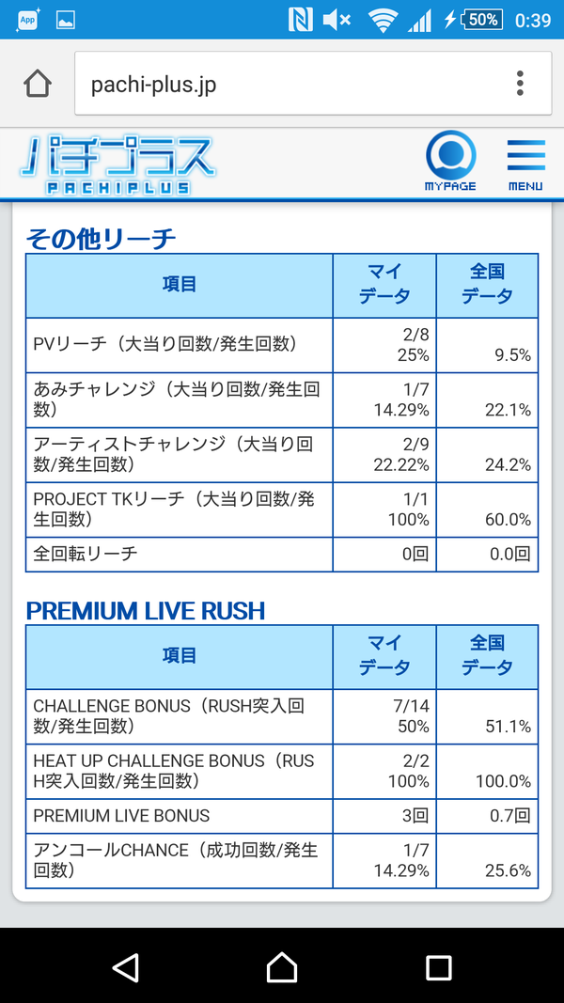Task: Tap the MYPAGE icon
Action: (x=451, y=161)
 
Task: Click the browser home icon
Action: (x=38, y=84)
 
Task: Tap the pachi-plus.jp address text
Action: (x=153, y=85)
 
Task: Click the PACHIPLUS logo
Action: (x=117, y=165)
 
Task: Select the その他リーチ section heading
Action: (x=101, y=240)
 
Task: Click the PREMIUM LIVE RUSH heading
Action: (x=145, y=611)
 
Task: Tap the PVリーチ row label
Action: (x=165, y=344)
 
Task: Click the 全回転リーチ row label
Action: (x=85, y=554)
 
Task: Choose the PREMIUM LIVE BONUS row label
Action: (x=121, y=816)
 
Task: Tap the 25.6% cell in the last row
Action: (x=505, y=870)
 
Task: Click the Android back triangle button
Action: (x=125, y=967)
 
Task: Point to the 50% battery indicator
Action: (x=481, y=20)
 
